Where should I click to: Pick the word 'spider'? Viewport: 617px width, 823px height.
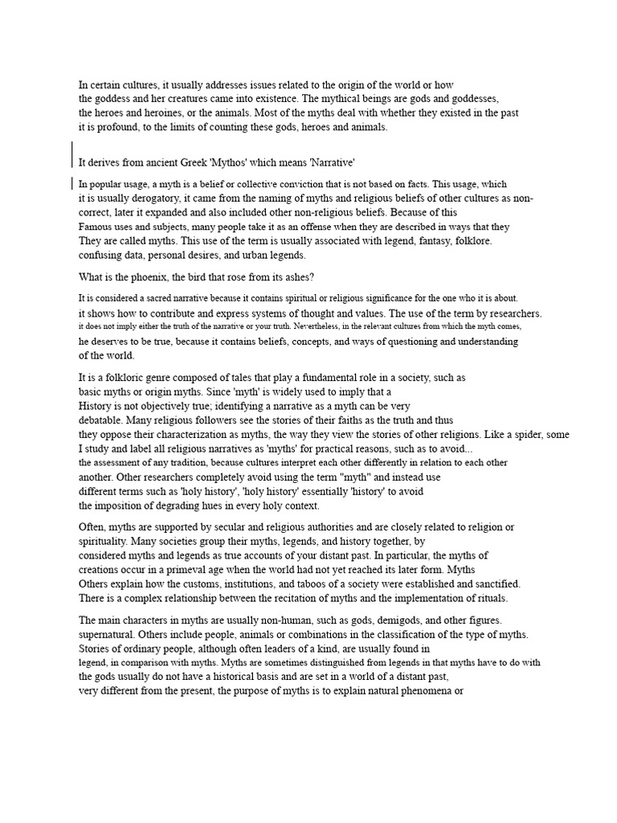point(525,434)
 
